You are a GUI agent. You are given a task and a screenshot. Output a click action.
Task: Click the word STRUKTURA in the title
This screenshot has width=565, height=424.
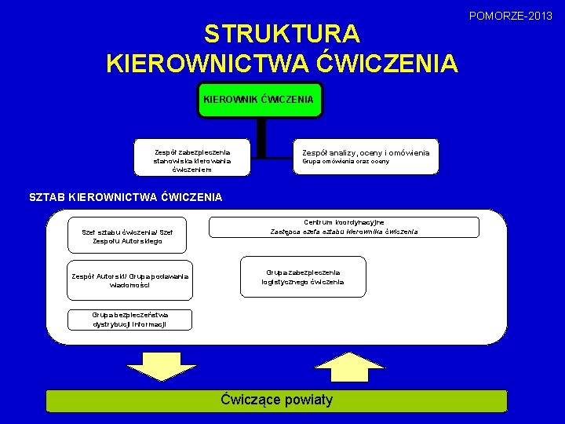click(x=282, y=34)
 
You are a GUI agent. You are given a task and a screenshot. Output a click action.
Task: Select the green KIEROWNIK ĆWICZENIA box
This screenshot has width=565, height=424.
click(x=259, y=100)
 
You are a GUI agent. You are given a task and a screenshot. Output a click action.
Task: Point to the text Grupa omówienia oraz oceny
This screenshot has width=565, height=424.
click(x=346, y=162)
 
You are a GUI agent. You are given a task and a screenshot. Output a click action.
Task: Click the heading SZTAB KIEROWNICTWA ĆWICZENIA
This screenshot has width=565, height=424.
click(x=126, y=197)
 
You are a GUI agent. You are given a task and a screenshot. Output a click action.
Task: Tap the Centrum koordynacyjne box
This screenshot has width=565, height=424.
click(x=344, y=227)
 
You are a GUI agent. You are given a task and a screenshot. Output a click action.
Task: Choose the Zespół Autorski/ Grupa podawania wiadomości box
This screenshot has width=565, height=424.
click(x=129, y=281)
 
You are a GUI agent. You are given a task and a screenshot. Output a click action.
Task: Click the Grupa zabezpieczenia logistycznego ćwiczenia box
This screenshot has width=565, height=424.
click(x=303, y=277)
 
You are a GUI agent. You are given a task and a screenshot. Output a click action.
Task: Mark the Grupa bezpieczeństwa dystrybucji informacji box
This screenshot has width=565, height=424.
click(x=129, y=319)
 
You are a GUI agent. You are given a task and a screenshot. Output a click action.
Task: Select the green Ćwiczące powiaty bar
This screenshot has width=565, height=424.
click(x=277, y=400)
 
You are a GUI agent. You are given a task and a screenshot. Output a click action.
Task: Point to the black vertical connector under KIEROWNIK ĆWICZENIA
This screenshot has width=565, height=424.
click(x=261, y=139)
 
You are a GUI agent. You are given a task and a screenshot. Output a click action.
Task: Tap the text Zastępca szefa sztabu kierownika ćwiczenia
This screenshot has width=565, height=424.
click(x=344, y=232)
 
